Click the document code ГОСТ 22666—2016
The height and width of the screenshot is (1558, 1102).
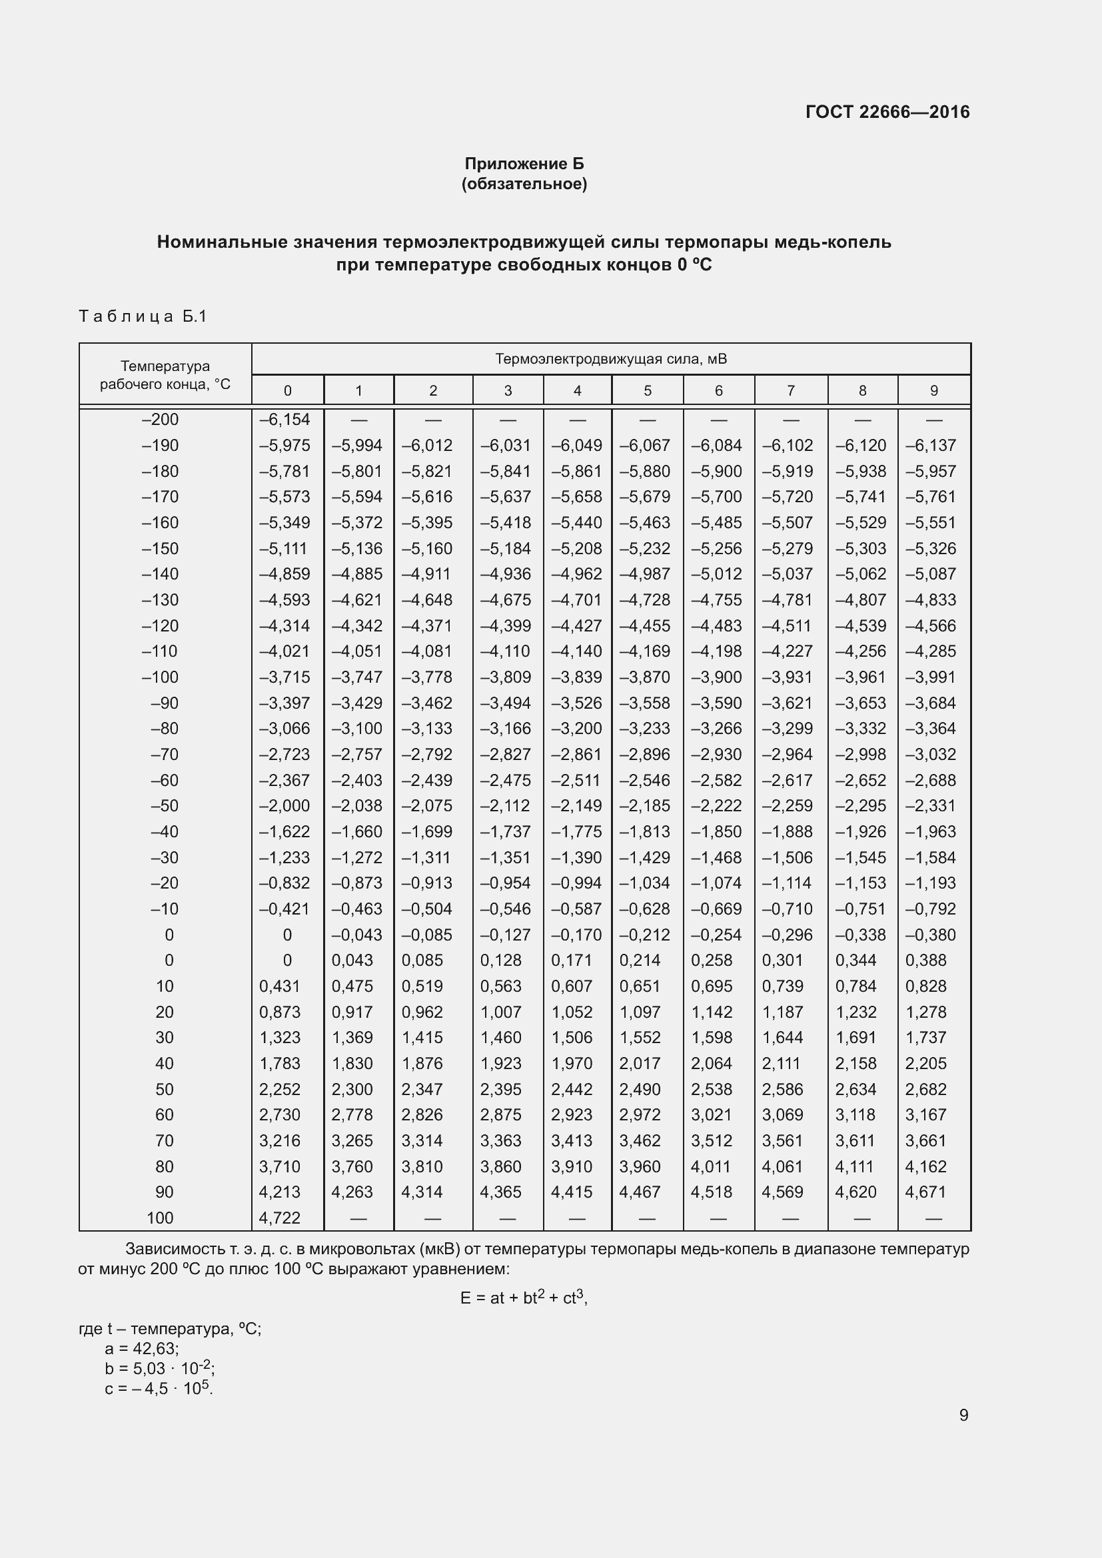click(887, 112)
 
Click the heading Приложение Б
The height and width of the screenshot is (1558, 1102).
click(524, 164)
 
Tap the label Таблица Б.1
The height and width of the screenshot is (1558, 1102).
click(143, 316)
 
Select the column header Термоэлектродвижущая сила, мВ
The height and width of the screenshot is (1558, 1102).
click(611, 358)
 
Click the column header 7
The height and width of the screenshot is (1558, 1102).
click(791, 391)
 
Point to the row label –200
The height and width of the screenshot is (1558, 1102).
click(160, 420)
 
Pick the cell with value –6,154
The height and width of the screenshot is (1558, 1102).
click(285, 420)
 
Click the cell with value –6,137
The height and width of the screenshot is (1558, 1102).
click(930, 446)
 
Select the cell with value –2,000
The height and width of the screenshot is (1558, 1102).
click(285, 805)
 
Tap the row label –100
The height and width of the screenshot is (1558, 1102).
click(160, 677)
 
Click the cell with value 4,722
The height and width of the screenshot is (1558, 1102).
click(280, 1218)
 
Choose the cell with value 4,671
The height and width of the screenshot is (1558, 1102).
click(925, 1192)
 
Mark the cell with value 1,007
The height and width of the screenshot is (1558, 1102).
click(501, 1012)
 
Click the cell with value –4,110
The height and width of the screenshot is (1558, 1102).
click(506, 651)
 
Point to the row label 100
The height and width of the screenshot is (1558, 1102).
click(160, 1218)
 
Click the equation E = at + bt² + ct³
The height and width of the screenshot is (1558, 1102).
click(523, 1298)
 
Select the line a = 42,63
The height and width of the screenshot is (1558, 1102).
click(142, 1348)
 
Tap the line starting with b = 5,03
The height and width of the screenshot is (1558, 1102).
click(159, 1368)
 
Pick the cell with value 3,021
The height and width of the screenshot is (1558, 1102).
click(711, 1115)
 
